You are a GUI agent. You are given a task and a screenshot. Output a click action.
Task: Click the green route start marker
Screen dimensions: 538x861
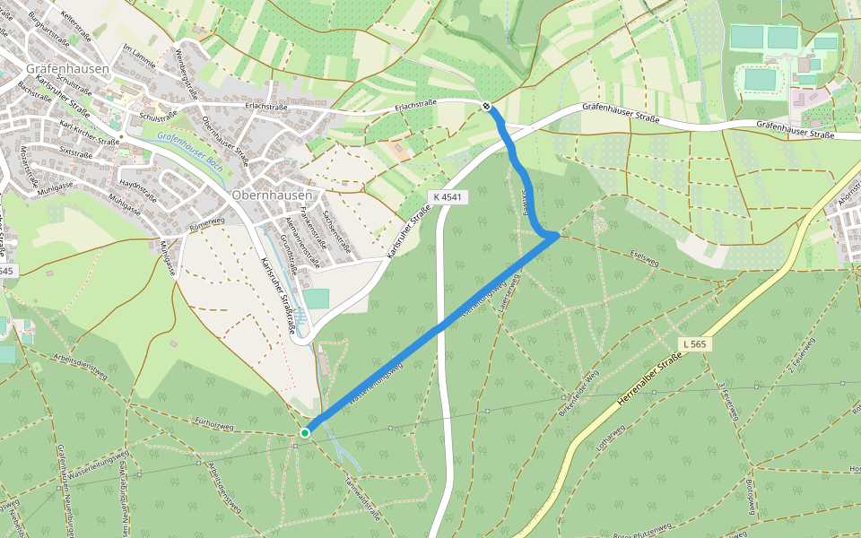(x=305, y=433)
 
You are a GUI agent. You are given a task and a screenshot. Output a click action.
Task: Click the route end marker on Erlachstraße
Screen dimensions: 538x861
(x=486, y=107)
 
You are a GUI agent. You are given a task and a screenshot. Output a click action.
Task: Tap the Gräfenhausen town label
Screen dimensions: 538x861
(x=67, y=68)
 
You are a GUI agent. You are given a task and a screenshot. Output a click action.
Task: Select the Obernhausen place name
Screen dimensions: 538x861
(x=272, y=195)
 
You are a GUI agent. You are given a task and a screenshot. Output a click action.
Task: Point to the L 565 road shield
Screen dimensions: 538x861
(x=693, y=343)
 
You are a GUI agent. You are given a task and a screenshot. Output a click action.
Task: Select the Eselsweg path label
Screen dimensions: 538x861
(x=645, y=255)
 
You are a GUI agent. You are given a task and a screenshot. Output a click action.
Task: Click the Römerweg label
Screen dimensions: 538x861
(x=207, y=221)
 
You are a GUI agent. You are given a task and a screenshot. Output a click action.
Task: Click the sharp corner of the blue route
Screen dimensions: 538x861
(x=558, y=236)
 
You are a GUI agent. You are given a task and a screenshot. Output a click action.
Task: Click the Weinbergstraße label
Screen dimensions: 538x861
(x=187, y=70)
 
